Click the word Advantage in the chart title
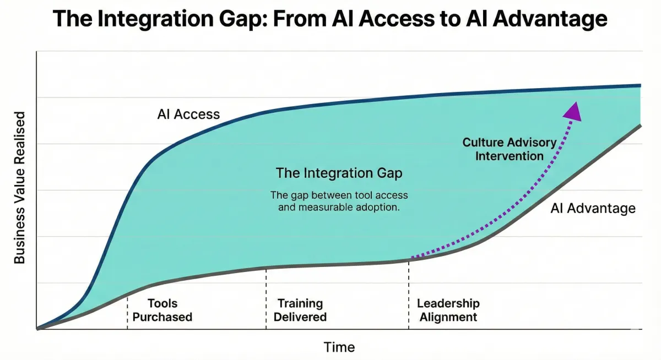tap(550, 19)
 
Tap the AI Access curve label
tap(188, 114)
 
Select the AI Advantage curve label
tap(593, 209)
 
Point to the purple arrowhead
tap(573, 112)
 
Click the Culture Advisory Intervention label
tap(510, 149)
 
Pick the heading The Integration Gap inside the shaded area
tap(339, 173)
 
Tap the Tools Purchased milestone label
tap(162, 310)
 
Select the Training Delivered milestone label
tap(300, 310)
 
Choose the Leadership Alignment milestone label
tap(448, 310)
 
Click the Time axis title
tap(339, 347)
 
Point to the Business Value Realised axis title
tap(19, 188)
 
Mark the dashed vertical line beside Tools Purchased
tap(127, 312)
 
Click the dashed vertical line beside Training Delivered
tap(266, 298)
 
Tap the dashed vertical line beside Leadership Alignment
tap(409, 294)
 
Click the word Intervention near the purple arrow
tap(510, 156)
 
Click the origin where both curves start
tap(37, 329)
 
